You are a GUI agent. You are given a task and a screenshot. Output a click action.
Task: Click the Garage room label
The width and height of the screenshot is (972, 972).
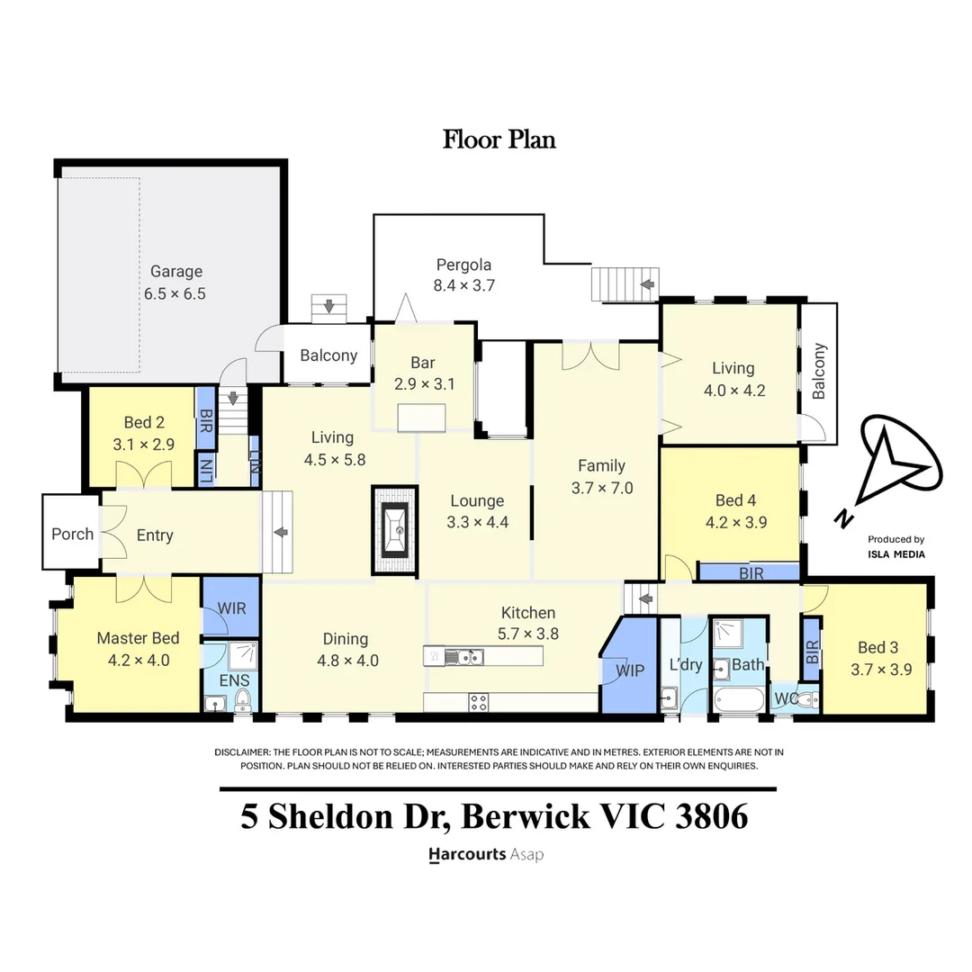pos(175,271)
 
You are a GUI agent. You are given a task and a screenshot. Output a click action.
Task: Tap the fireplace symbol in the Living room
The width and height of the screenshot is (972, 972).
pos(395,530)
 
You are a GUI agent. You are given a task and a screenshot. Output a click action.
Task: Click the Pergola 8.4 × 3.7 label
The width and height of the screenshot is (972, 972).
pos(464,274)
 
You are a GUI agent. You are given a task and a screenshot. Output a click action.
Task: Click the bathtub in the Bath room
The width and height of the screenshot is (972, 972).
pos(737,700)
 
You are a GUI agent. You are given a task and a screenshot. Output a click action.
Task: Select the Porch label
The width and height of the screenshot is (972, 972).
pos(72,534)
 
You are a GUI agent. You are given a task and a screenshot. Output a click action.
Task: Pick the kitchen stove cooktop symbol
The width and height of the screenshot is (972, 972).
pos(478,701)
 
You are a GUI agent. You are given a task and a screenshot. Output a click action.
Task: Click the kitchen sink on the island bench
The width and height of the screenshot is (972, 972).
pos(467,658)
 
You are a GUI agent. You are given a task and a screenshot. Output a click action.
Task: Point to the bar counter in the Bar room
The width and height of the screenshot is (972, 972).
pos(422,417)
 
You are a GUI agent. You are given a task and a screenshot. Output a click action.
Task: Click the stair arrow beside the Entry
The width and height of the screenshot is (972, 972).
pos(281,533)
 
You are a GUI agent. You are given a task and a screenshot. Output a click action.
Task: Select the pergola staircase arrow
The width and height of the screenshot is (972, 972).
pos(646,284)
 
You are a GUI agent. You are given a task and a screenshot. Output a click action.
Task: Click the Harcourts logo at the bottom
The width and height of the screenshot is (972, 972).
pos(467,854)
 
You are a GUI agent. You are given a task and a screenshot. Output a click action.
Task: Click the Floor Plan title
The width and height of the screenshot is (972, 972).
pos(499,139)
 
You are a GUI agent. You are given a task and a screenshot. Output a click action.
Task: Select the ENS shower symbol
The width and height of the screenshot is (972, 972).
pos(242,655)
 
